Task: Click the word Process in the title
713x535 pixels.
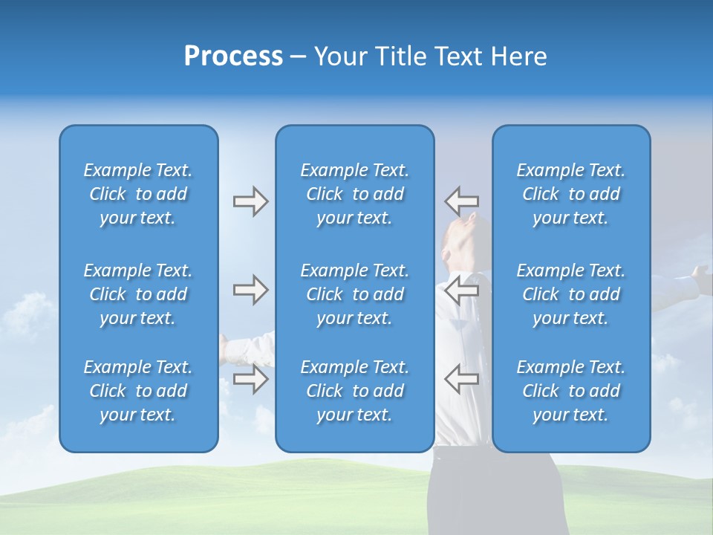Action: click(233, 56)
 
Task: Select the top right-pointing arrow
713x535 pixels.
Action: click(250, 201)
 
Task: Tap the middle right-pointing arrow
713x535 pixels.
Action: click(250, 290)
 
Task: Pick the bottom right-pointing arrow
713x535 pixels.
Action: click(250, 379)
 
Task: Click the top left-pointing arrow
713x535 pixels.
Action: click(461, 201)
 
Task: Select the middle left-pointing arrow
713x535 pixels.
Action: click(461, 290)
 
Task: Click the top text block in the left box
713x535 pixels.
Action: click(138, 194)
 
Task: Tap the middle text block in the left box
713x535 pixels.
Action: click(138, 294)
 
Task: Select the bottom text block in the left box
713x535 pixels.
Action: click(138, 391)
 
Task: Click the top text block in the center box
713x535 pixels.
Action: click(355, 194)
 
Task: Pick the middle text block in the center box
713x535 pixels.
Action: click(355, 294)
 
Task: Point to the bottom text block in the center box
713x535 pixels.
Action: click(355, 391)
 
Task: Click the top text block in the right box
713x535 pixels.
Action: click(571, 194)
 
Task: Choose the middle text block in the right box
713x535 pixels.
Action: click(571, 294)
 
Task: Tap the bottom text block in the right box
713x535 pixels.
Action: click(571, 391)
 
